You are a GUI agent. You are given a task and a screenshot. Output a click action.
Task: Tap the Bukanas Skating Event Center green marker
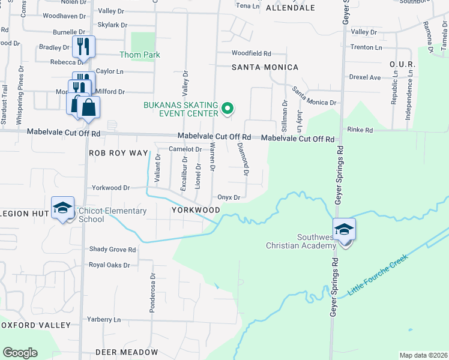point(227,109)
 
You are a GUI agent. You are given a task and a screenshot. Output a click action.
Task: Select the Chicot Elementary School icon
point(62,208)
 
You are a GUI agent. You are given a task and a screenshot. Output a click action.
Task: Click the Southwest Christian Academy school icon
point(345,230)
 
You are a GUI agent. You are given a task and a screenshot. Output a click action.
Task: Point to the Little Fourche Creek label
point(378,275)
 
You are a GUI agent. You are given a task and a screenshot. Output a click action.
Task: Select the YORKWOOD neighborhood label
point(196,210)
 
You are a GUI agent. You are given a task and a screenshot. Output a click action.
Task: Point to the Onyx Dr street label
point(229,197)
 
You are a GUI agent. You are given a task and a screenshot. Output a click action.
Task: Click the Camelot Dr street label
point(184,149)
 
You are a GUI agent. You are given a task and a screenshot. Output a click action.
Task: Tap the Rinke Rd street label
point(360,130)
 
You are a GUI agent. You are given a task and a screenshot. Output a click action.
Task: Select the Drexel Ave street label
point(366,77)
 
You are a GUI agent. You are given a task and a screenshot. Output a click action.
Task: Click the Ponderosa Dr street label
point(152,293)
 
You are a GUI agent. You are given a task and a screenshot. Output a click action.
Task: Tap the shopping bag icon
point(89,108)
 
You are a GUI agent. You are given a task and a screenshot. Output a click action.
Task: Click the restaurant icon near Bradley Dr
point(83,46)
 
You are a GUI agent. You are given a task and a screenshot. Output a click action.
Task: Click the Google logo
point(20,353)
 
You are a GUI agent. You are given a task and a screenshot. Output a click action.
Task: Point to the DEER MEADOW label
point(126,352)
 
